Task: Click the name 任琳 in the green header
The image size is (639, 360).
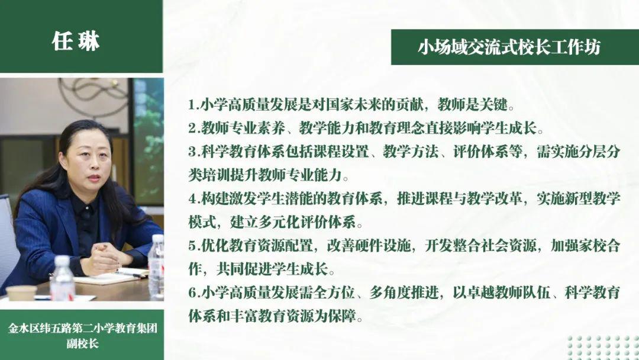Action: coord(76,41)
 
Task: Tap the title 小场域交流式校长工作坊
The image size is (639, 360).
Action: coord(509,47)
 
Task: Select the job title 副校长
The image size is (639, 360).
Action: coord(82,343)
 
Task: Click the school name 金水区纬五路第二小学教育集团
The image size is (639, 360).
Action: coord(82,328)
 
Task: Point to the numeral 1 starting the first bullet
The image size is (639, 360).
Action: coord(192,105)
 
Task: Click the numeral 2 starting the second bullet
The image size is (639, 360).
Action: coord(192,128)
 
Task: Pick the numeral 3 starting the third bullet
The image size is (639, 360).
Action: coord(192,152)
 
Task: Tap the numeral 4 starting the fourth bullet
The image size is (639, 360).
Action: coord(192,199)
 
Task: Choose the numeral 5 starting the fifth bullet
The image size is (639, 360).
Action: coord(192,246)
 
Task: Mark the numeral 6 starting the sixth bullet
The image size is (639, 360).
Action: coord(192,292)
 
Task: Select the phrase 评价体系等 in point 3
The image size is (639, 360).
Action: coord(488,152)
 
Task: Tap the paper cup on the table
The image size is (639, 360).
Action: coord(21,292)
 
